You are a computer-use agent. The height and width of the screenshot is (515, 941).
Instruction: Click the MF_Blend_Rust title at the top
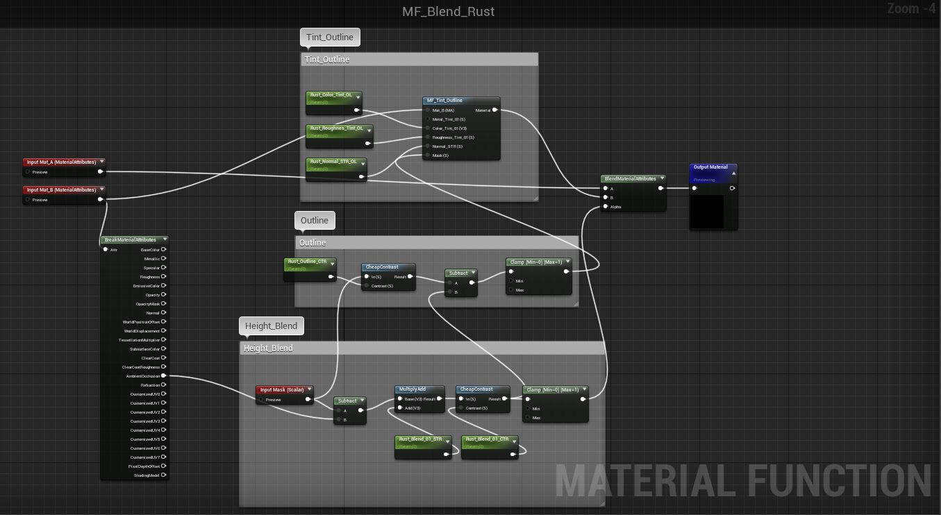pos(448,12)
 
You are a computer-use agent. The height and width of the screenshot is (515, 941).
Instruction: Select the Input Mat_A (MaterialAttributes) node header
pos(62,162)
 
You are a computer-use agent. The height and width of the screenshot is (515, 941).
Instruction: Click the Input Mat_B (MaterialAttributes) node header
pos(62,190)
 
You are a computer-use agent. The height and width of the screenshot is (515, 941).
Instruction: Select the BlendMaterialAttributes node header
pos(630,178)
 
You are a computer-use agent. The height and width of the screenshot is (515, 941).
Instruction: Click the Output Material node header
pos(710,167)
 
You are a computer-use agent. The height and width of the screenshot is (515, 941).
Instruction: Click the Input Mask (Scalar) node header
pos(282,390)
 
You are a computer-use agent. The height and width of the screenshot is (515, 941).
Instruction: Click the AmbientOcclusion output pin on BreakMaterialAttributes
pos(164,376)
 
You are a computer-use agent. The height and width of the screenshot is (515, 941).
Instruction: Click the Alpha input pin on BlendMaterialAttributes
pos(606,207)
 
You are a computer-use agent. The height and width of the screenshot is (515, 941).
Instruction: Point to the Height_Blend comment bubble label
pos(271,326)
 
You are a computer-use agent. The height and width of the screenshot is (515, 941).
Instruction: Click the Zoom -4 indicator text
pos(911,9)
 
